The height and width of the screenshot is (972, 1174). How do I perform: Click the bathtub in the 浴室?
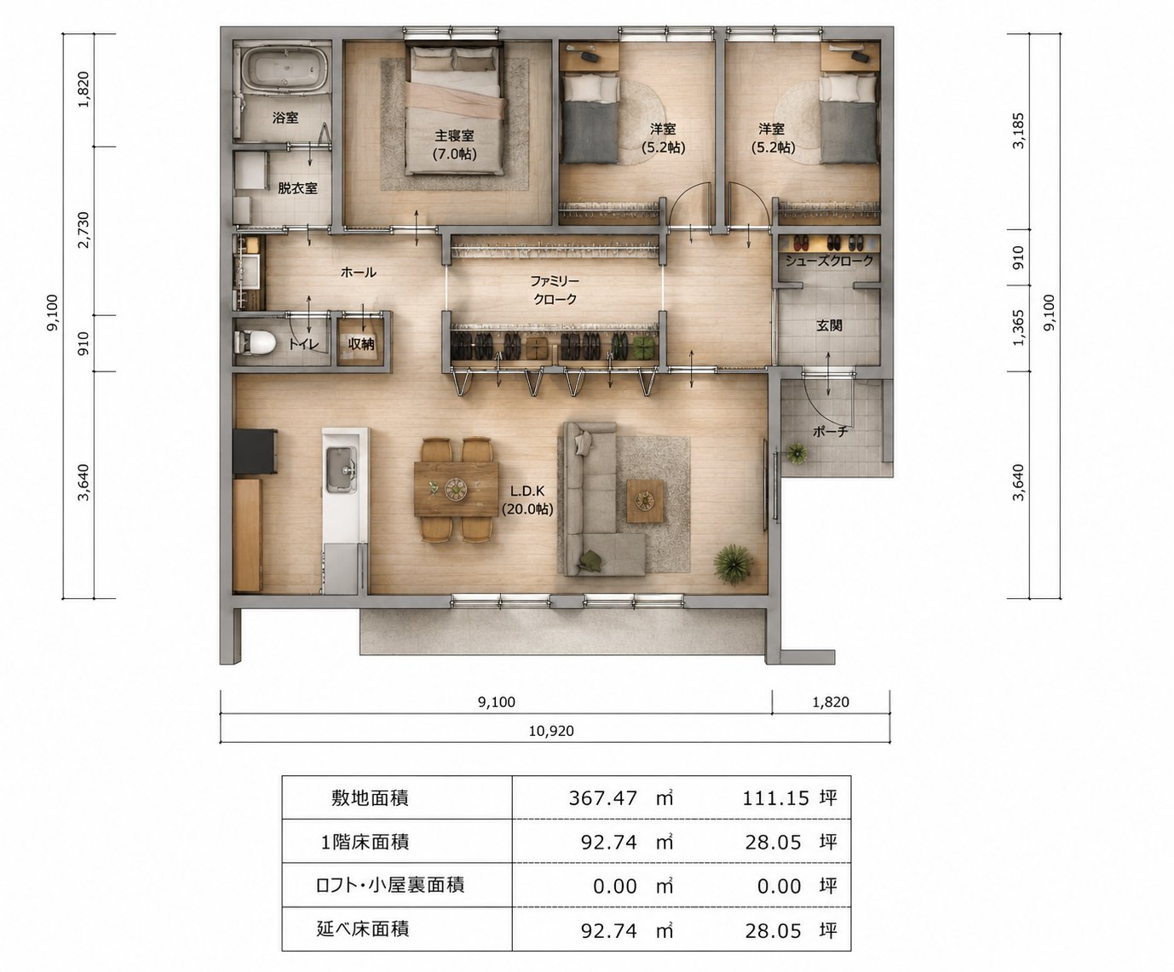coord(285,69)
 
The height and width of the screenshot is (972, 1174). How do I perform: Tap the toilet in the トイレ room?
coord(255,342)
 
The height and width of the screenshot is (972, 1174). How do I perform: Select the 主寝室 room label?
coord(454,135)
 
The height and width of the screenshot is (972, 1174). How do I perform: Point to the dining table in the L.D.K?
coord(456,489)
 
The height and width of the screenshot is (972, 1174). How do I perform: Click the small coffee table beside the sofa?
coord(646,502)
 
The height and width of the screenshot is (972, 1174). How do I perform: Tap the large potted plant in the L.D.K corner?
coord(734,564)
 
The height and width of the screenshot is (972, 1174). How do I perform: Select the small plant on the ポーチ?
coord(797,453)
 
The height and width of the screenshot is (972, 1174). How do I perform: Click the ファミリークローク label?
coord(555,290)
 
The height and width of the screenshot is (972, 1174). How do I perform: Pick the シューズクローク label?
coord(829,261)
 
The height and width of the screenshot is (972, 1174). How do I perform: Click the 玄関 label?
coord(829,325)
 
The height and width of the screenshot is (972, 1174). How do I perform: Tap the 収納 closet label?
coord(360,344)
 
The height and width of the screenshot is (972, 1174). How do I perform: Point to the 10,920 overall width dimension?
coord(551,731)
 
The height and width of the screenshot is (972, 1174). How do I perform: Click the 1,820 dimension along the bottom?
coord(831,702)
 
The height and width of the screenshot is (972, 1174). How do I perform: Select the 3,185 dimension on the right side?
coord(1018,131)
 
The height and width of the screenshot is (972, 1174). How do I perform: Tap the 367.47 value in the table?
coord(602,798)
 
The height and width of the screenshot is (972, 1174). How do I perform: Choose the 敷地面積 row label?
coord(370,798)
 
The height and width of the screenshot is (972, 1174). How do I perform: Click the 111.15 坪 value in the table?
coord(790,798)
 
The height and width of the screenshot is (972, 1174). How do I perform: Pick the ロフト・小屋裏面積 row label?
coord(390,885)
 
